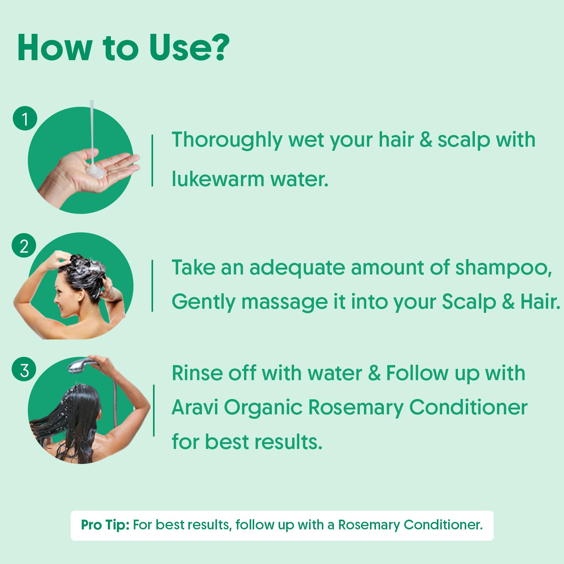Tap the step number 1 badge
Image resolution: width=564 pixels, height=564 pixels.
25,119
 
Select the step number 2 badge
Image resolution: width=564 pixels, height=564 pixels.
24,246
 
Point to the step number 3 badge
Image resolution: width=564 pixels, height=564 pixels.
24,370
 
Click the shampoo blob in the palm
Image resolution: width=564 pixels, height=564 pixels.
96,171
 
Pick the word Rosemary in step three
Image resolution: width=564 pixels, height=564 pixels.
356,407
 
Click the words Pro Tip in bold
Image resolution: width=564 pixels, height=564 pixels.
105,525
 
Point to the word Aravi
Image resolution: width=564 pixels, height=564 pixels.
195,407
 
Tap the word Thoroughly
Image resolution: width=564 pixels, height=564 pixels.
227,140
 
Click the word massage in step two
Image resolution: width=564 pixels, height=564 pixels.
284,302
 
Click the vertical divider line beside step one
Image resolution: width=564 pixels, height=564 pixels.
152,161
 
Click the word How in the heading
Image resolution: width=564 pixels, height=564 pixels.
55,48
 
